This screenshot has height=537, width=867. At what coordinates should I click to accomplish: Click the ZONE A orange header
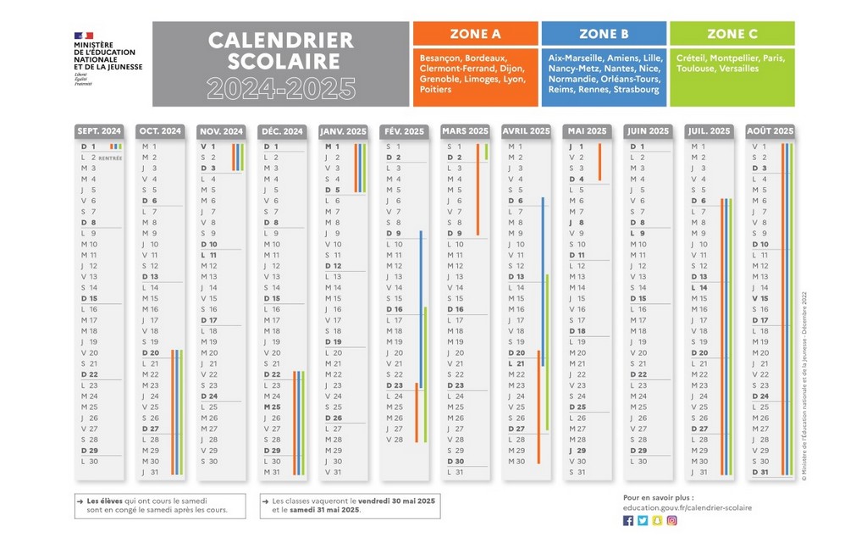coord(475,34)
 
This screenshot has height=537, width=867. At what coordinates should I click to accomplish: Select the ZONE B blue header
coord(604,34)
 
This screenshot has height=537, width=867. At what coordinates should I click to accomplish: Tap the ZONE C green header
coord(732,34)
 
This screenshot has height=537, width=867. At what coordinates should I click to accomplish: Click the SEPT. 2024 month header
coord(99,131)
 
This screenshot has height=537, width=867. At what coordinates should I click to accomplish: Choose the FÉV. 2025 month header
coord(404,131)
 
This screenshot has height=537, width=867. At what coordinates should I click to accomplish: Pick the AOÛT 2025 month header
coord(770,131)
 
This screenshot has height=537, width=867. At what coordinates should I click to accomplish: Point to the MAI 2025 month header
coord(587,131)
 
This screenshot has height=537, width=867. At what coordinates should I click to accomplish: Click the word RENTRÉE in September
coord(110,158)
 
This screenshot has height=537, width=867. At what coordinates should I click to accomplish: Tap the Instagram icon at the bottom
coord(671,520)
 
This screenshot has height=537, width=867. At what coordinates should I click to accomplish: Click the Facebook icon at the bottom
coord(628,520)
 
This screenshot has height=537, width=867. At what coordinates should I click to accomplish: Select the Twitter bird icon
coord(643,520)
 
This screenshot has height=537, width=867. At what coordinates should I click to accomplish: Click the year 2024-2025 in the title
coord(281,87)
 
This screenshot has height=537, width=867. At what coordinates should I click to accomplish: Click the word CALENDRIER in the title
coord(281,40)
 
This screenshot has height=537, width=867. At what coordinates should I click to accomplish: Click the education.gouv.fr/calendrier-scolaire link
coord(675,507)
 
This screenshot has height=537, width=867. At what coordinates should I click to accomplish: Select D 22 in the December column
coord(272,374)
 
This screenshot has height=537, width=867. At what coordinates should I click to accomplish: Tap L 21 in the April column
coord(516,363)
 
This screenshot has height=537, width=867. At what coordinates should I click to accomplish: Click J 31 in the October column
coord(150,472)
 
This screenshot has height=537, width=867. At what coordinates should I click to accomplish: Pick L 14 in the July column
coord(699,287)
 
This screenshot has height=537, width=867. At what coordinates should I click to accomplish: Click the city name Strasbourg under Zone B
coord(636,89)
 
